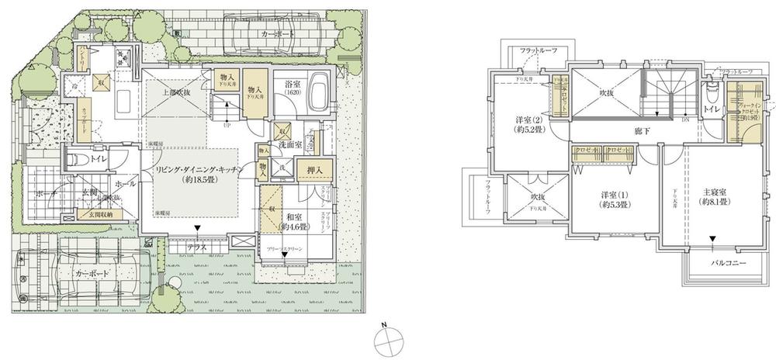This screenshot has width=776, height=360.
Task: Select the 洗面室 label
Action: pos(293,144)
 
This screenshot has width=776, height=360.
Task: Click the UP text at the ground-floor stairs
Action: pos(226,123)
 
